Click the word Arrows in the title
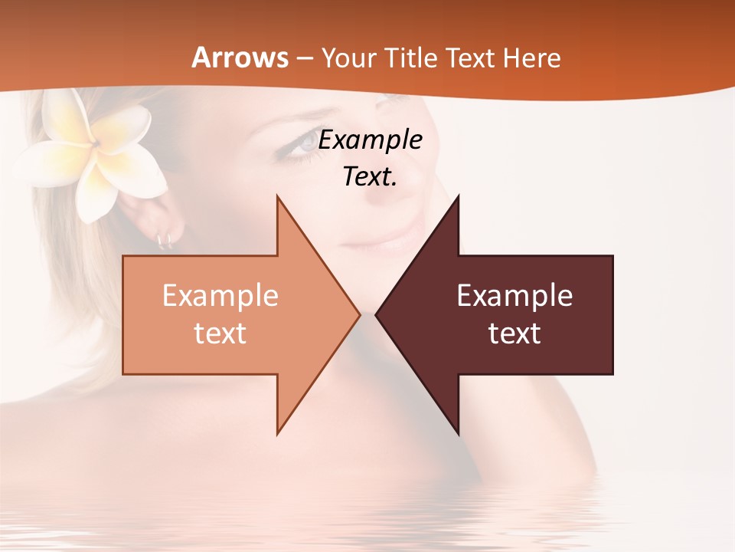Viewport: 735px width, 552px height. [x=240, y=58]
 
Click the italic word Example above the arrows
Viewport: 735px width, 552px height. [x=370, y=140]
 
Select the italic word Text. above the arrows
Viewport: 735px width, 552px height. [x=370, y=177]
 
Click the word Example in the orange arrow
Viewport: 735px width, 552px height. [x=220, y=295]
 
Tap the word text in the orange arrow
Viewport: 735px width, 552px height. [x=220, y=333]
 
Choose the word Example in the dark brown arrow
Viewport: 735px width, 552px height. [x=514, y=295]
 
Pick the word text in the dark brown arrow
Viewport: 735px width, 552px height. [x=514, y=333]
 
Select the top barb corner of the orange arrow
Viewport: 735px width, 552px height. [x=277, y=197]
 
